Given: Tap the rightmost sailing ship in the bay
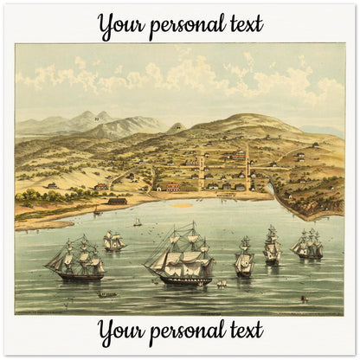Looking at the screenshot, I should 307,245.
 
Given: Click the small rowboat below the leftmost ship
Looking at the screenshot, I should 107,294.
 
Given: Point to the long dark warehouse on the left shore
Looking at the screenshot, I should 118,201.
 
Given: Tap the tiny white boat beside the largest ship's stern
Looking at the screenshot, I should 220,283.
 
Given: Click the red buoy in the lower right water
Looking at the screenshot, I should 301,299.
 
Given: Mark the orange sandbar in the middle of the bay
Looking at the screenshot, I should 183,205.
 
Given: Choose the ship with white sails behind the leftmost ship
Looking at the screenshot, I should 113,240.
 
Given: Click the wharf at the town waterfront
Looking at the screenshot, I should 227,196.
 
